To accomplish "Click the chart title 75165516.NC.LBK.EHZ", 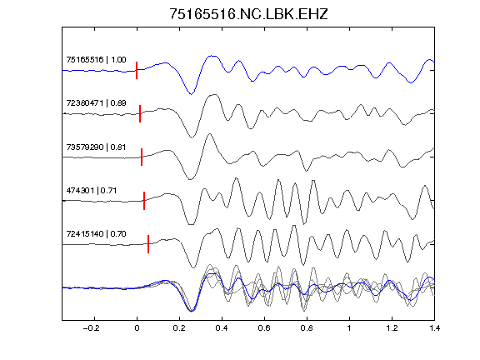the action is pos(248,14).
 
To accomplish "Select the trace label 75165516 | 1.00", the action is pos(96,59).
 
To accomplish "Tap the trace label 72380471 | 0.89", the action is pos(96,102).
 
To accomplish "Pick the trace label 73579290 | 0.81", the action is pos(96,147).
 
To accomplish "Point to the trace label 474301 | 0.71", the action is pos(92,190).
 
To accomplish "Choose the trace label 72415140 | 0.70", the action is pos(96,234).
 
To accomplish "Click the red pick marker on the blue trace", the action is pos(137,70).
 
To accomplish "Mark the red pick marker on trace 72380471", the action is pos(140,113).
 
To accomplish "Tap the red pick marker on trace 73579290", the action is pos(142,157).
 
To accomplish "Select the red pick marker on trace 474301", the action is pos(144,201).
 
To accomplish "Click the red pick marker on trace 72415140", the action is pos(148,244).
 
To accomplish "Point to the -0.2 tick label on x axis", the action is pos(91,328).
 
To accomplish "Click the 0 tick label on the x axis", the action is pos(137,328).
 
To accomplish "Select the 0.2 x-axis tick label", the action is pos(179,328).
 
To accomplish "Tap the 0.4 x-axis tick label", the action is pos(222,328).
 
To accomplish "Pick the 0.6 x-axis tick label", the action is pos(264,328).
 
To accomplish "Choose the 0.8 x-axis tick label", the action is pos(307,328).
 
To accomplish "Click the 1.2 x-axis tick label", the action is pos(392,328).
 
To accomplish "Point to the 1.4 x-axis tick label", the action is pos(435,328).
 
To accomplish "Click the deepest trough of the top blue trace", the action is pos(191,94).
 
